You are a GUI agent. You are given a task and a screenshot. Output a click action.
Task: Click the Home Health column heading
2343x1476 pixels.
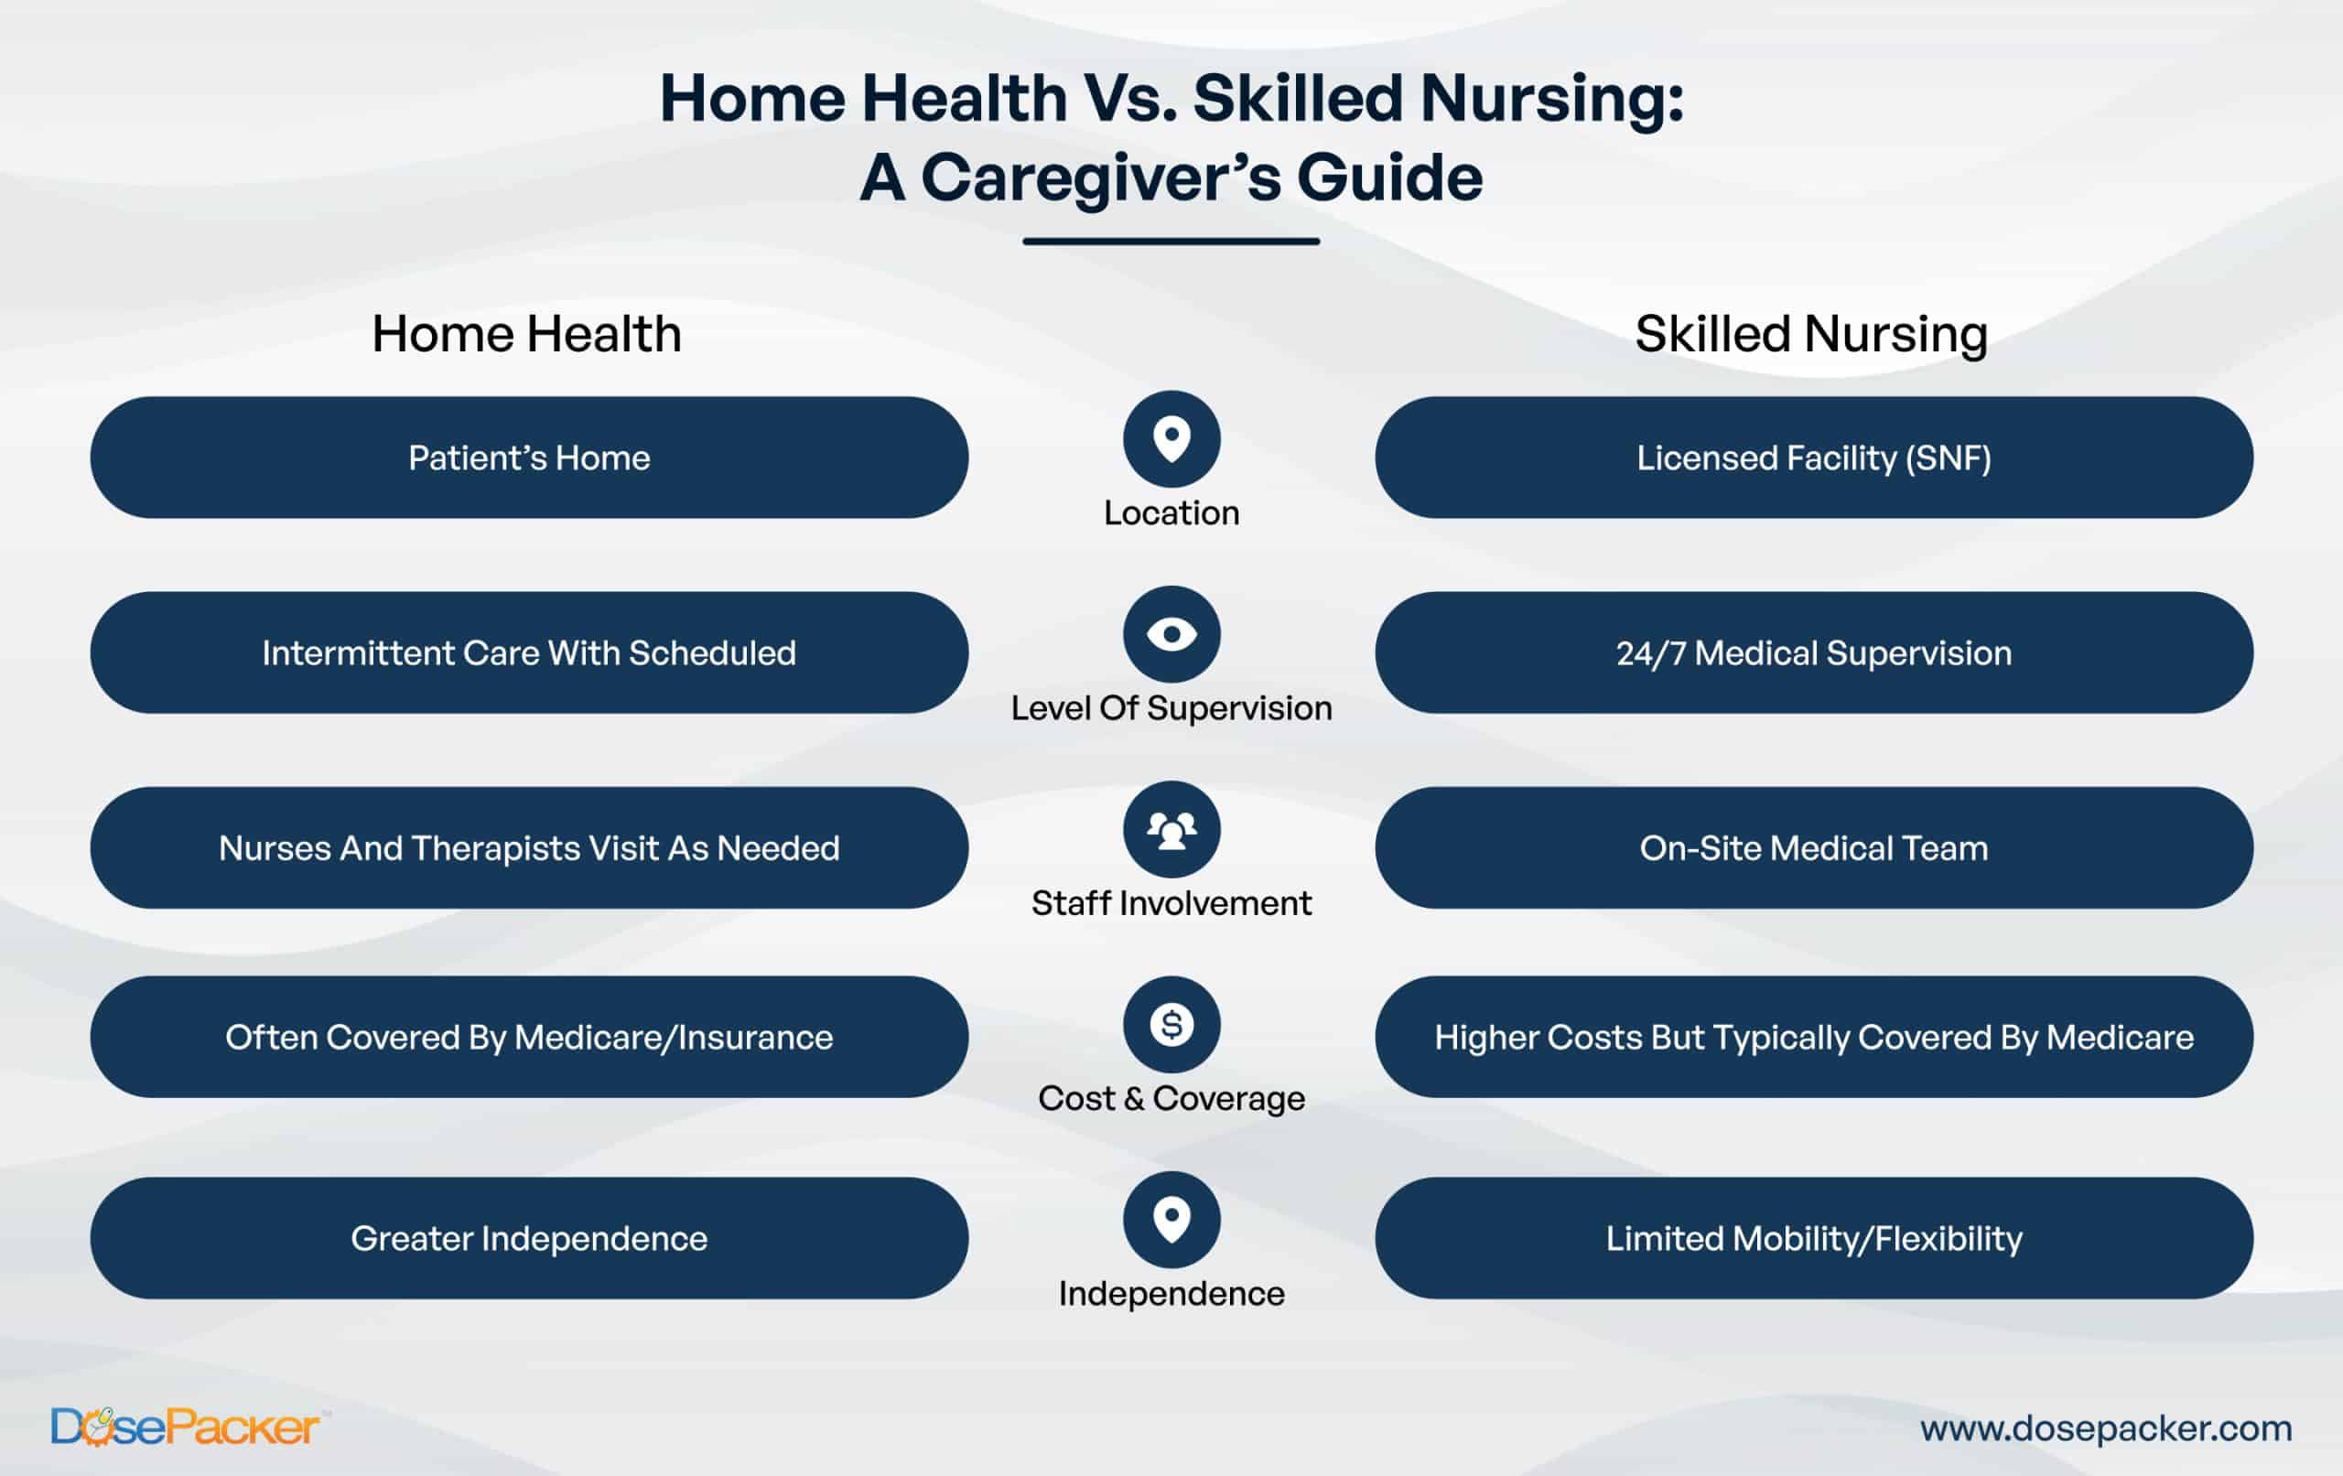[526, 334]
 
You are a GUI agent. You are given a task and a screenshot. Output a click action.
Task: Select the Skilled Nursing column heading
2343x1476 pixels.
[1810, 335]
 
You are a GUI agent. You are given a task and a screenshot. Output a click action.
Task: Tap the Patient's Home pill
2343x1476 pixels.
[529, 458]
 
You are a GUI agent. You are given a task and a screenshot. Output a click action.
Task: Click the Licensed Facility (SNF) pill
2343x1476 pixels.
[1814, 458]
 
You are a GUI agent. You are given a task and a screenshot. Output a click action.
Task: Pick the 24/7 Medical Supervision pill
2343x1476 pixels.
[1814, 652]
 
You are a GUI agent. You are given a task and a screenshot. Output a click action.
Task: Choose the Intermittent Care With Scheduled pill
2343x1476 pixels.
[529, 652]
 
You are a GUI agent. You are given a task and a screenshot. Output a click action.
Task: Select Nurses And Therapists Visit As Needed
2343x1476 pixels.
[529, 847]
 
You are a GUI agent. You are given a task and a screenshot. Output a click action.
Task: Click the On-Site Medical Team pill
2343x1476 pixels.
[1814, 847]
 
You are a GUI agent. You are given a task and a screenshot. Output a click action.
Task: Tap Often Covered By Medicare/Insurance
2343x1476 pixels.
[529, 1037]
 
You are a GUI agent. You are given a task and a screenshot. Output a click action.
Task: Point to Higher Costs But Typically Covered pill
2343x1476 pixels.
[1814, 1037]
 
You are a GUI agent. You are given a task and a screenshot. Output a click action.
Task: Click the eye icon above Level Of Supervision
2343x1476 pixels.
[1171, 634]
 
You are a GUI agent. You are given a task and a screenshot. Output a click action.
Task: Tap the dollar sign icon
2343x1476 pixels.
[1171, 1025]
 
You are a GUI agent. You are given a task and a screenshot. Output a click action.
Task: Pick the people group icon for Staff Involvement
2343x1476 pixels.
[1171, 829]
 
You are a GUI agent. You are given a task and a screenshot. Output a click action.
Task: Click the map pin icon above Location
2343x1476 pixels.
[1171, 439]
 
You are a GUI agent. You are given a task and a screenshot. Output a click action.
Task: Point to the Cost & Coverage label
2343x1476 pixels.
[1171, 1098]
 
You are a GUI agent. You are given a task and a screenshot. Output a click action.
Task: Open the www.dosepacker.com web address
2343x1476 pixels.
[2106, 1428]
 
